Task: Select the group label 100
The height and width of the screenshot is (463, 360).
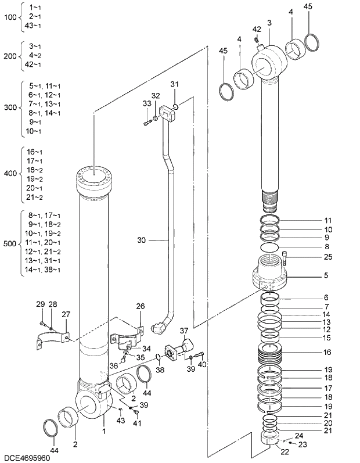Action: coord(10,17)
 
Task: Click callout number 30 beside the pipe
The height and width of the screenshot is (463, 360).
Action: coord(142,239)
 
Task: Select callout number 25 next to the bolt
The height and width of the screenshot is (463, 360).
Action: coord(328,257)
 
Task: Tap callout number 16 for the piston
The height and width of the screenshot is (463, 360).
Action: coord(327,352)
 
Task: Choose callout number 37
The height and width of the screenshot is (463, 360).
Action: coord(185,331)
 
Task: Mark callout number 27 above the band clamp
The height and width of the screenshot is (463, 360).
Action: coord(66,314)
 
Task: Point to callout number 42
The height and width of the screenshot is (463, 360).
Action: coord(257,29)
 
